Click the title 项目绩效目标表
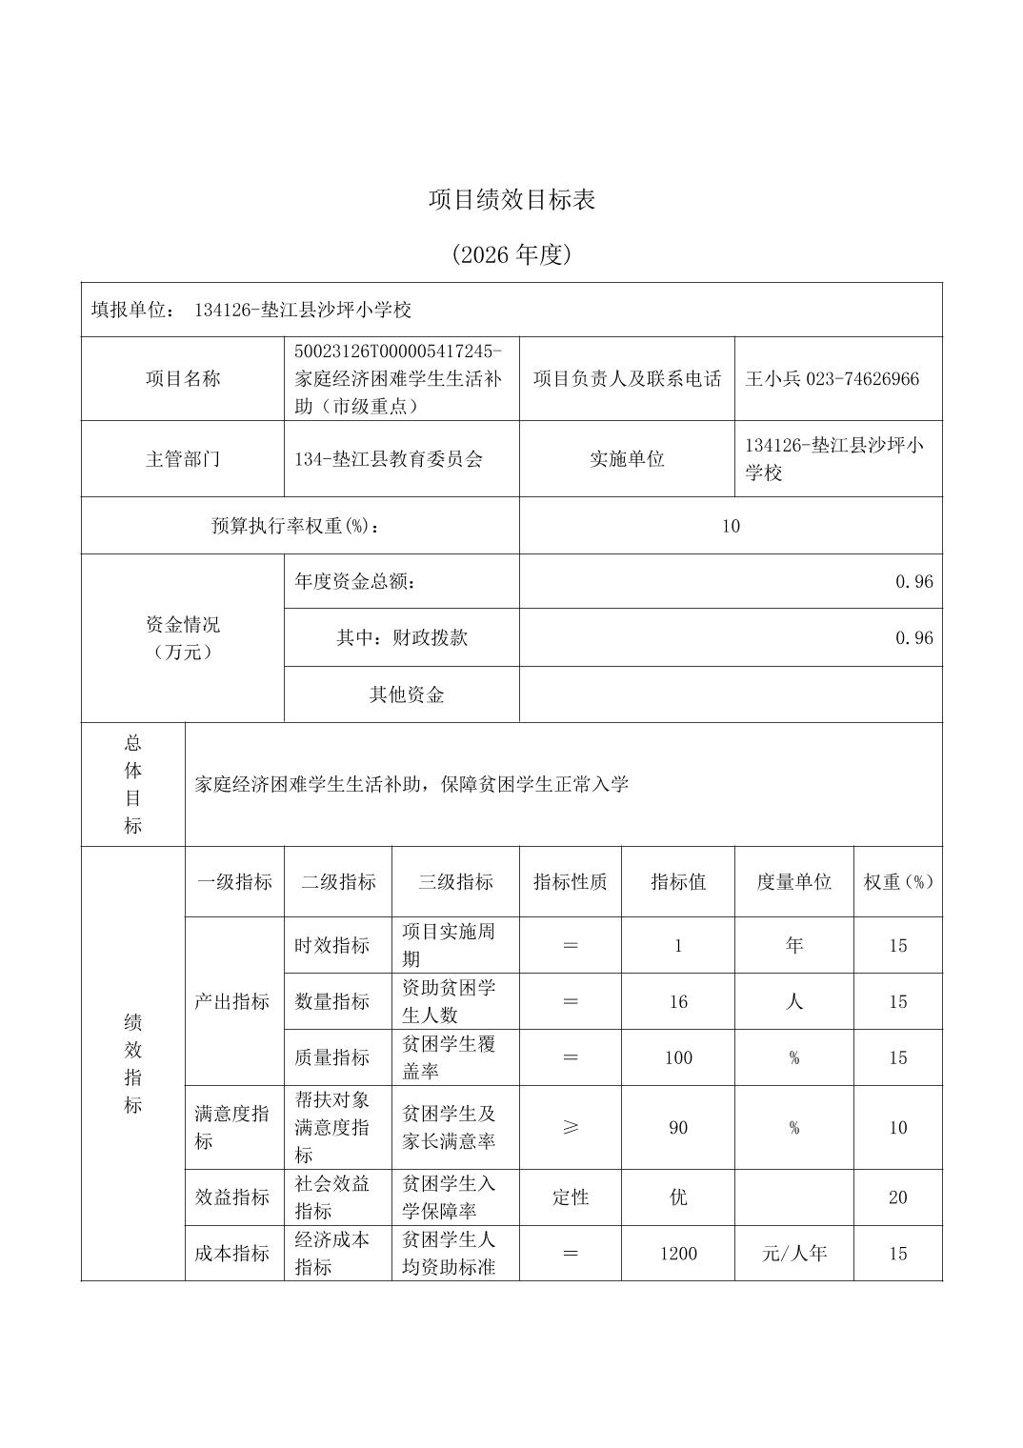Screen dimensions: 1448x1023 (511, 200)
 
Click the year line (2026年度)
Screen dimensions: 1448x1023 (511, 255)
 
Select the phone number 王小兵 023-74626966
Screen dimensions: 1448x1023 (832, 379)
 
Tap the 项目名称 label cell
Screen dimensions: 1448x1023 (183, 379)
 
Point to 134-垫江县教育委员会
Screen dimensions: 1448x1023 (389, 459)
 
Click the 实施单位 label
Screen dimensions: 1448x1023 (627, 459)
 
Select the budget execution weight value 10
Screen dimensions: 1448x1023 (731, 526)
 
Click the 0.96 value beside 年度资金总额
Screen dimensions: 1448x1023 (913, 582)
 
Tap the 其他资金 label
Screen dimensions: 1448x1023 (407, 694)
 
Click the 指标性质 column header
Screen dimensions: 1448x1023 (570, 882)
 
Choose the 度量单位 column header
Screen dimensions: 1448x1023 (793, 882)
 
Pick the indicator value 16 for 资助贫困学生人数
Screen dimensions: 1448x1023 (678, 1002)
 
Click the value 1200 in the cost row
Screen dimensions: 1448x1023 (678, 1254)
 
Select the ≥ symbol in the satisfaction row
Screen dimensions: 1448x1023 (570, 1128)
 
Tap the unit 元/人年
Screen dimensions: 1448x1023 (793, 1254)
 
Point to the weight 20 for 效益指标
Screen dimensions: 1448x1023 (897, 1197)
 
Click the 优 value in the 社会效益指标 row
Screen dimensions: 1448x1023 (678, 1197)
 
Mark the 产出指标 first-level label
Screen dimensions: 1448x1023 (232, 1002)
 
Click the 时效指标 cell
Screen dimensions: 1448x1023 (332, 946)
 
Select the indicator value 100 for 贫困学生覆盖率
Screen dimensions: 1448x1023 (678, 1058)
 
